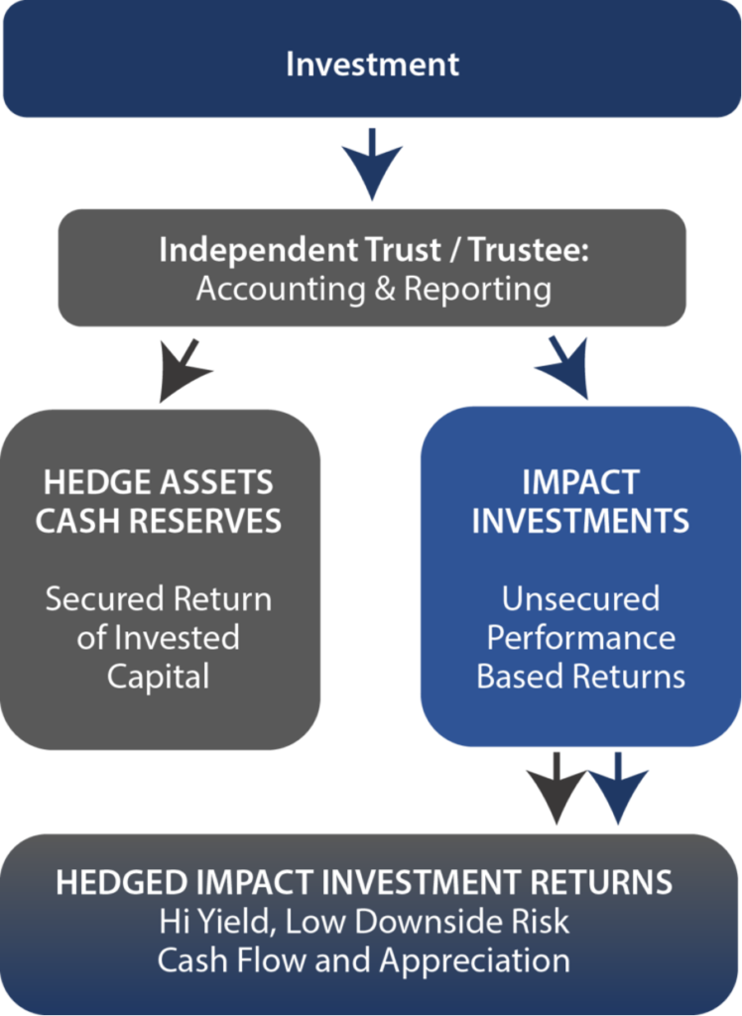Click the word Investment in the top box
tap(372, 64)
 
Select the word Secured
tap(104, 599)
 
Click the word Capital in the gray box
tap(159, 677)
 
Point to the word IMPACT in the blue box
tap(580, 483)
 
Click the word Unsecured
tap(580, 599)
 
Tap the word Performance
tap(580, 638)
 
